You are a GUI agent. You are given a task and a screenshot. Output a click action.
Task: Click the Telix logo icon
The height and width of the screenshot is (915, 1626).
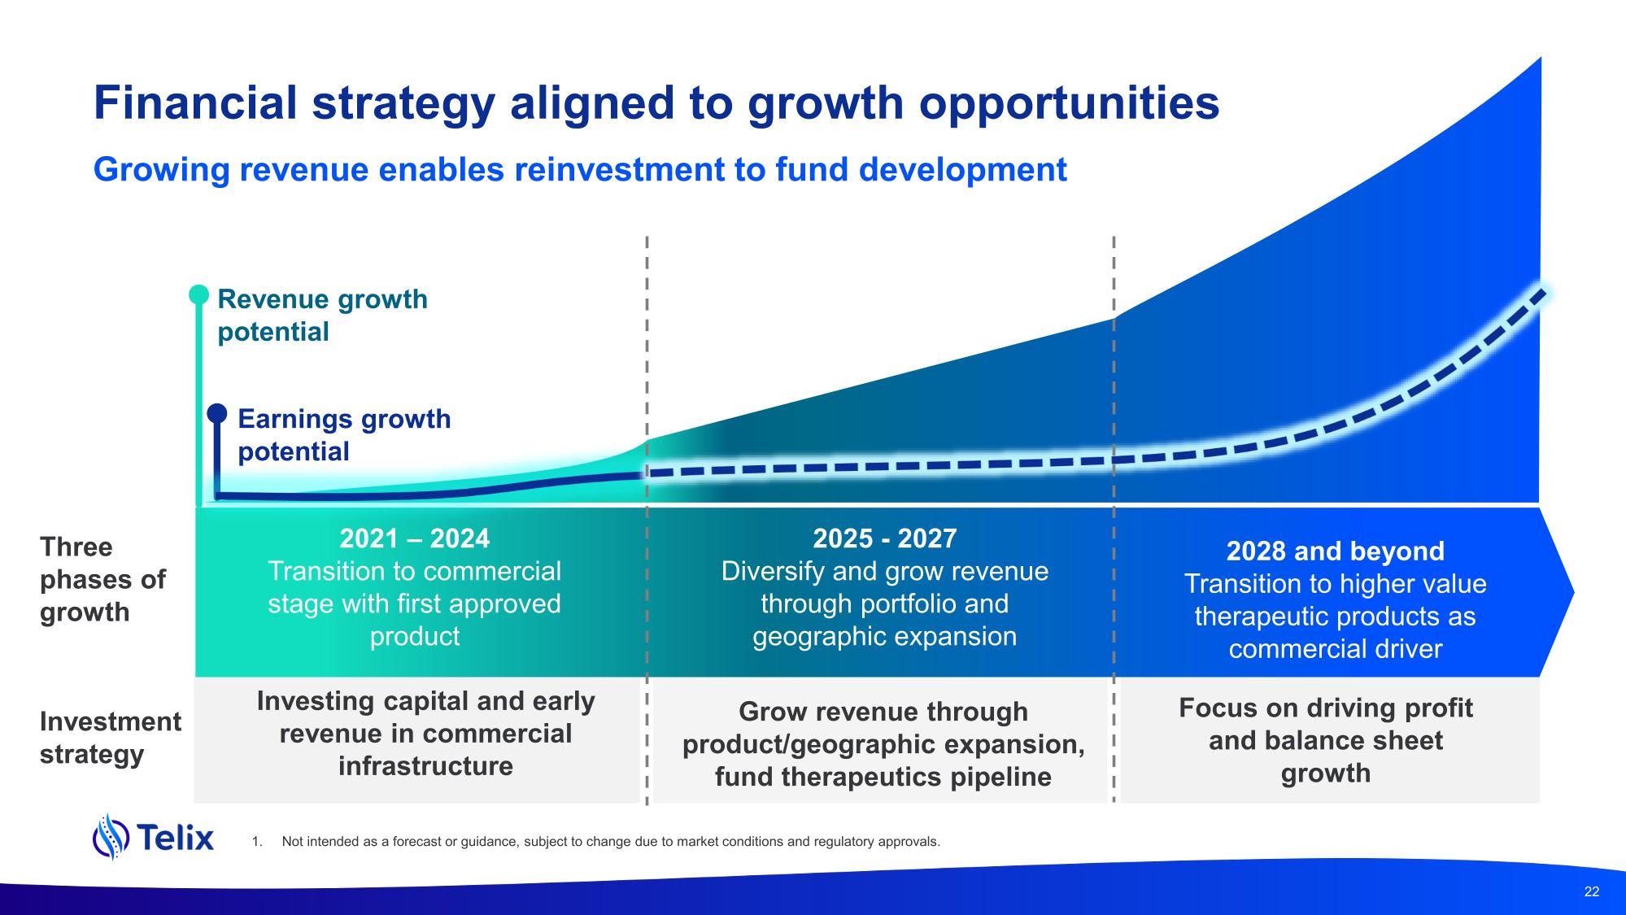111,836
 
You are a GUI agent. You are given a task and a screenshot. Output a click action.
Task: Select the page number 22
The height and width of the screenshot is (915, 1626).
1592,891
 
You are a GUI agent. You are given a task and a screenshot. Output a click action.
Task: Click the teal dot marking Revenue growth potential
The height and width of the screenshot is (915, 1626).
199,294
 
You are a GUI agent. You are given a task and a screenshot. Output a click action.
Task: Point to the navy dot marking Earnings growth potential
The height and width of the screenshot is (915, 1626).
217,413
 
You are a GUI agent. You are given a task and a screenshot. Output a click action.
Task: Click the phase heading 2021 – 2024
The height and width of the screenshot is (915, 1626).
414,538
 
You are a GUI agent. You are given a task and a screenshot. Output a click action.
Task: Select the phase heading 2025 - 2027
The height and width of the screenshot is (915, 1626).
884,538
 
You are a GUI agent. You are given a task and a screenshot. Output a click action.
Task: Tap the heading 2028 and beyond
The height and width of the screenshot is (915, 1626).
1335,551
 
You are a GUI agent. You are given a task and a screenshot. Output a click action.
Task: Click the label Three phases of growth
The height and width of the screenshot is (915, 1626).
102,579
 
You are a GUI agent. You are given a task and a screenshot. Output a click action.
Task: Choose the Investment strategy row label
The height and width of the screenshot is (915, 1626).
111,738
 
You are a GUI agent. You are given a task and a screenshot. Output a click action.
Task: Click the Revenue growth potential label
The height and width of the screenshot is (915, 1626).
322,316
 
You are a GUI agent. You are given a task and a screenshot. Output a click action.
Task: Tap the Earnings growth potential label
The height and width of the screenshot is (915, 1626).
344,435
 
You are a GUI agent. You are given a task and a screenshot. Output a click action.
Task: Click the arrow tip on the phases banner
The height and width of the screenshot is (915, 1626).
1574,592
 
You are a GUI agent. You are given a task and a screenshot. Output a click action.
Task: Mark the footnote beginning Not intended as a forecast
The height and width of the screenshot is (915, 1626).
611,841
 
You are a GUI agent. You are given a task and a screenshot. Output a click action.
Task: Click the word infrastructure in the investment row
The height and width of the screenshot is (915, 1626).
425,766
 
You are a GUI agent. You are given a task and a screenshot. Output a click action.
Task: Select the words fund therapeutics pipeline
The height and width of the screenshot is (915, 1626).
883,777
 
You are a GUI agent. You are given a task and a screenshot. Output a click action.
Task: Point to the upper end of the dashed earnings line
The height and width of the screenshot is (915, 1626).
1542,290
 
